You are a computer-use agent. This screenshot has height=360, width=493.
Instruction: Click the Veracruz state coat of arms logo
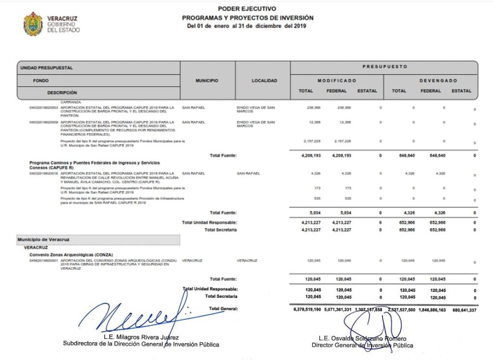coord(33,24)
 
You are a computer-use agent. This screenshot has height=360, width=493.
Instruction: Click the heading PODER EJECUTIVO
coord(247,9)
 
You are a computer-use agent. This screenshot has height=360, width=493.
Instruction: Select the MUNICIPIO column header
coord(207,81)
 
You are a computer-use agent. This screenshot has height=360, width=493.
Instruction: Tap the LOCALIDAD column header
coord(264,81)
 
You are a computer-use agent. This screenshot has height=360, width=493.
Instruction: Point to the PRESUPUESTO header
coord(385,67)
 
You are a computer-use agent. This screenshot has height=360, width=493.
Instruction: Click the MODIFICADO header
coord(337,80)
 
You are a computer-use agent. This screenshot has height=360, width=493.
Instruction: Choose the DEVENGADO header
coord(438,80)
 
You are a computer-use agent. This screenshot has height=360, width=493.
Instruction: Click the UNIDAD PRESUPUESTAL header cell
coord(47,68)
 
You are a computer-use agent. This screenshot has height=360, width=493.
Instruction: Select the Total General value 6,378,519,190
coord(307,309)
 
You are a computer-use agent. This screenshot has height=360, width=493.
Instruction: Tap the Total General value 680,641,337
coord(464,310)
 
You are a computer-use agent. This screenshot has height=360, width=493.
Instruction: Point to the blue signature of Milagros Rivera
coord(144,316)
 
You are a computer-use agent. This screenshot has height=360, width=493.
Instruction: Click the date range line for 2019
coord(246,26)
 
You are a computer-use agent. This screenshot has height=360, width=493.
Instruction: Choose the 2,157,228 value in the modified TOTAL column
coord(313,142)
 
